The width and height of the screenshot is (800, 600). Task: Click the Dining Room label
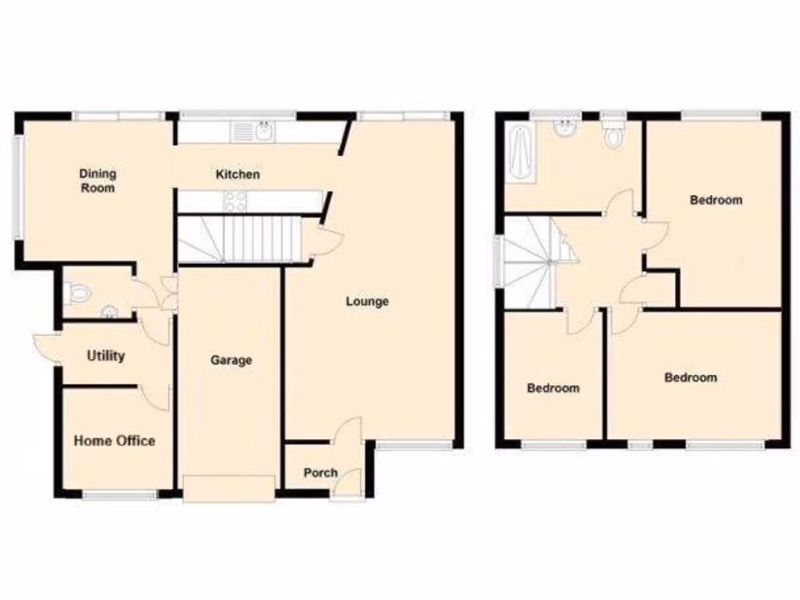[x=98, y=180]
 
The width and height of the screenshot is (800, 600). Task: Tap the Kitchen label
[x=237, y=174]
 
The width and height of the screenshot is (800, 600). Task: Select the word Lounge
[x=367, y=302]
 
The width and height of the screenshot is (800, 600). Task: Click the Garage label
[x=231, y=360]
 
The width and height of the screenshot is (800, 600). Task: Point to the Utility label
[x=105, y=356]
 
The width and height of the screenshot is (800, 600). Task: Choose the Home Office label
[x=114, y=441]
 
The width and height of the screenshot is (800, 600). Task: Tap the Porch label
[x=320, y=473]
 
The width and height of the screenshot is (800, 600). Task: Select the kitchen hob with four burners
[x=234, y=202]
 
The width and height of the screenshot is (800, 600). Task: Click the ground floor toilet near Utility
[x=79, y=293]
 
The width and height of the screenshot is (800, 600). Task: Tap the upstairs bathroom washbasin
[x=564, y=127]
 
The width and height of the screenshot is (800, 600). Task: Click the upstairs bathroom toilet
[x=614, y=134]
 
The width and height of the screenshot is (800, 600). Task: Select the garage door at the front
[x=228, y=487]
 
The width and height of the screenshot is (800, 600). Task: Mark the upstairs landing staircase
[x=530, y=262]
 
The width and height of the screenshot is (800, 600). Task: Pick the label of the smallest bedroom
[x=553, y=388]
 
